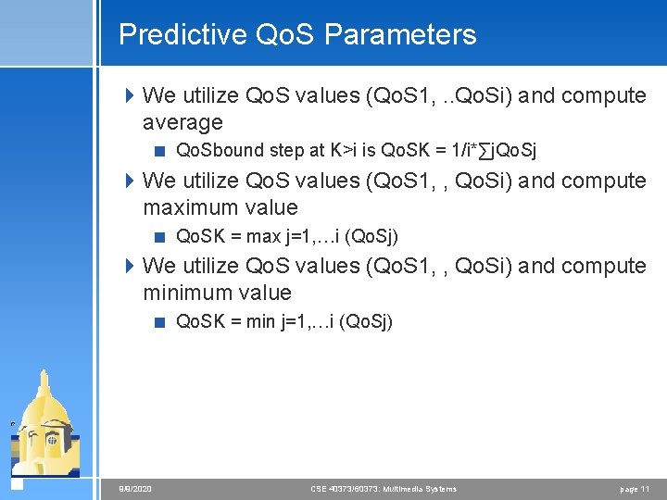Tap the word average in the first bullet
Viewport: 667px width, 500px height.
tap(182, 122)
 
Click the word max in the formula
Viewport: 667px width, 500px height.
tap(261, 236)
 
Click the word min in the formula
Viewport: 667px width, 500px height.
tap(259, 321)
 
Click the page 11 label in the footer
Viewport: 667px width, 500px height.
tap(635, 488)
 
